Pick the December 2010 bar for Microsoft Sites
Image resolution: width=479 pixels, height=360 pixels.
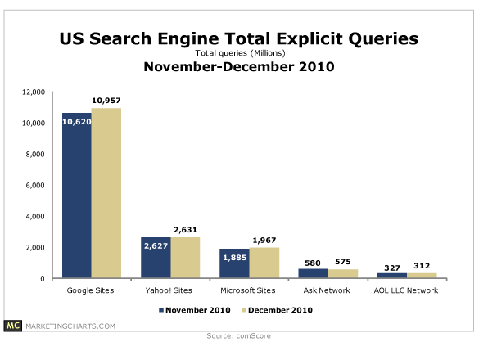click(263, 263)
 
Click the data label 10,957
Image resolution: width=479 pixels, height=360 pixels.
click(106, 101)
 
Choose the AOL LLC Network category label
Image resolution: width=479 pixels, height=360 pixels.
click(406, 291)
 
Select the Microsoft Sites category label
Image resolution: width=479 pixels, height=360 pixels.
click(248, 291)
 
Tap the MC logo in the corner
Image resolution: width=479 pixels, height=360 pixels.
click(14, 326)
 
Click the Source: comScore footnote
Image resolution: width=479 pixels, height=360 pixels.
click(239, 336)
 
